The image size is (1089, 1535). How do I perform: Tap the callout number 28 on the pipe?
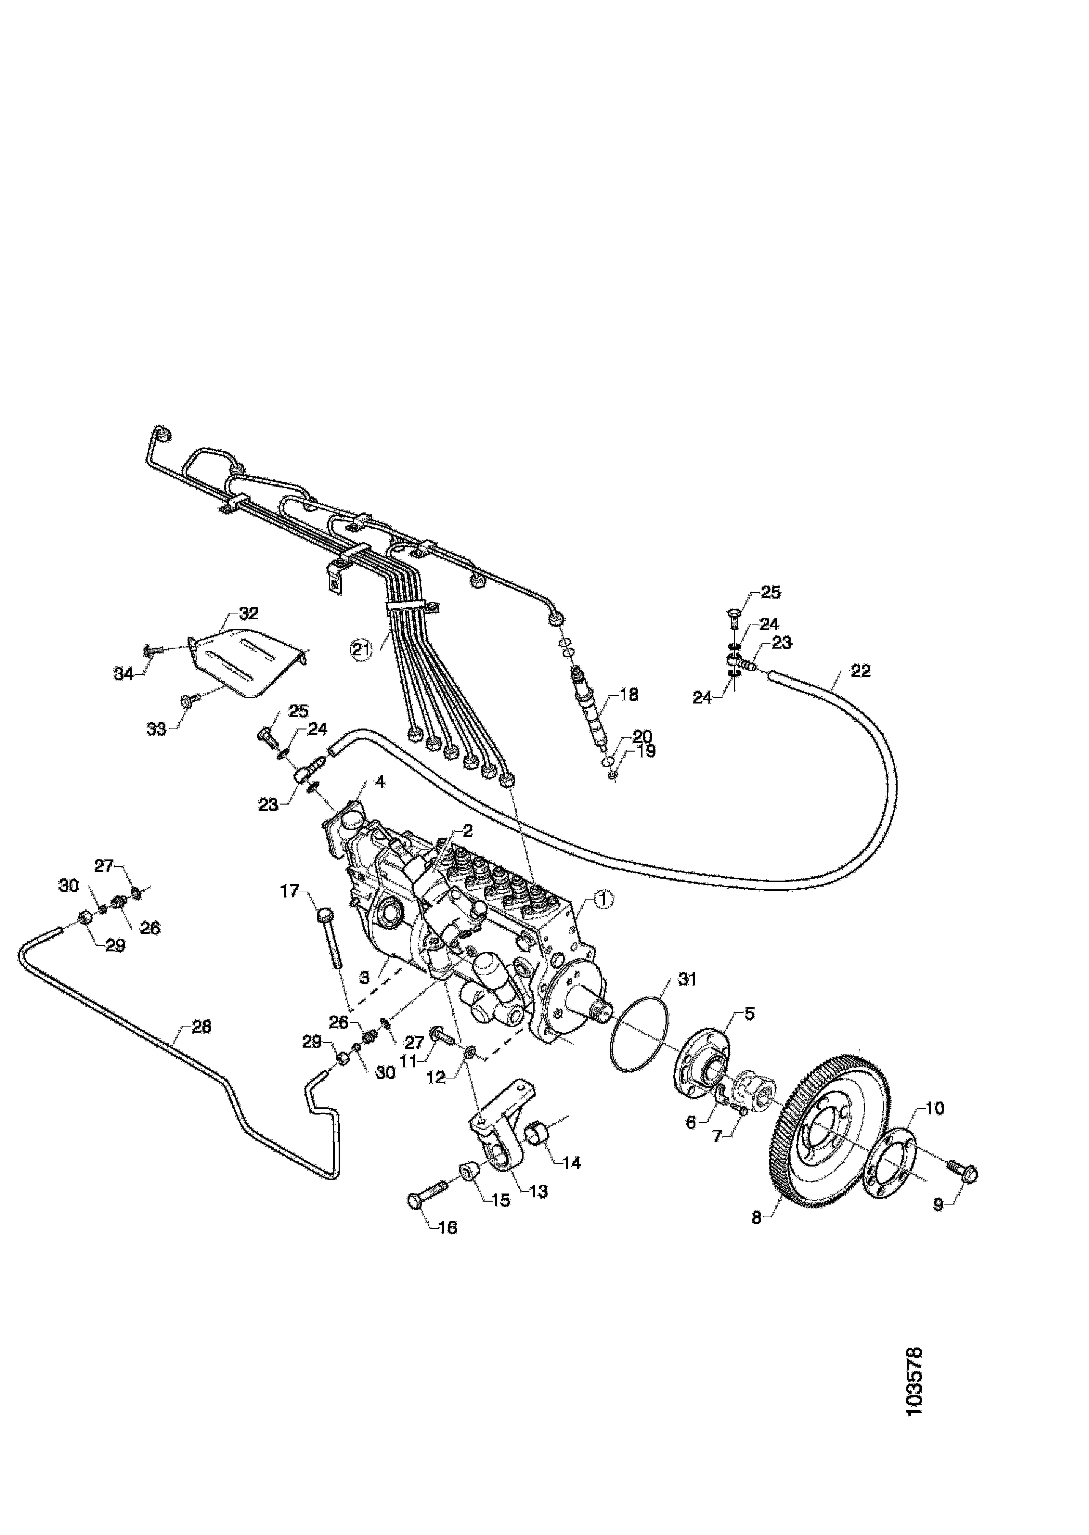click(x=201, y=1026)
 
